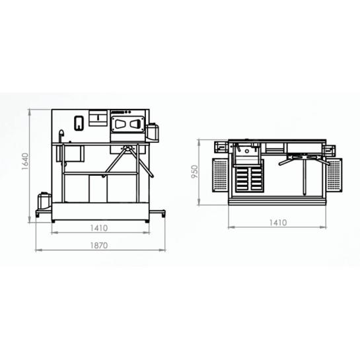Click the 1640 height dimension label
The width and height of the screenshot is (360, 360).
click(25, 161)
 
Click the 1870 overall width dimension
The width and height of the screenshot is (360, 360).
click(99, 246)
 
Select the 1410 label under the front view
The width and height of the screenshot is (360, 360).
click(99, 228)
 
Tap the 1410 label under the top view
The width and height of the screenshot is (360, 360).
click(278, 223)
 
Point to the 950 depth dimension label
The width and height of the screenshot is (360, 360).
click(194, 172)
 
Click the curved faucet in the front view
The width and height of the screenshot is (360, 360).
click(61, 136)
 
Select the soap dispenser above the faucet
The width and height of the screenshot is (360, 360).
click(79, 124)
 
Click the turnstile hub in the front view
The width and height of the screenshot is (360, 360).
click(127, 147)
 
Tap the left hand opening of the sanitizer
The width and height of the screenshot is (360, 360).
click(120, 124)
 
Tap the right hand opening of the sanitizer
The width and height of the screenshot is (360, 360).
click(135, 124)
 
